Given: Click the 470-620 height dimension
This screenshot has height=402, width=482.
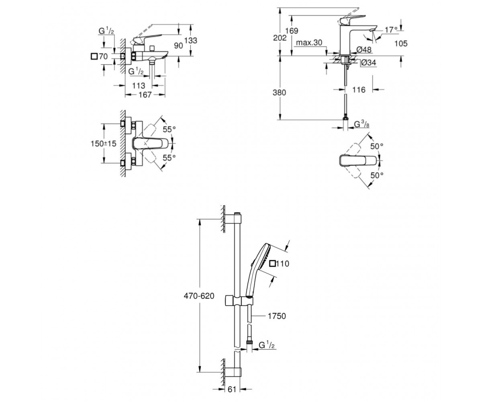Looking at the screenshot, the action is pos(199,296).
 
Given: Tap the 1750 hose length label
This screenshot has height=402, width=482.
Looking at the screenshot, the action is pos(277,316).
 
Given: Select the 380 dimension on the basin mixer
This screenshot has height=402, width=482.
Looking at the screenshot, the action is pos(279,92).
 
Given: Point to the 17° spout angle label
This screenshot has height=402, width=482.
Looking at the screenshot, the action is pos(391,30).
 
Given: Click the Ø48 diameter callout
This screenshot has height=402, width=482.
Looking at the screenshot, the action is pos(364,49).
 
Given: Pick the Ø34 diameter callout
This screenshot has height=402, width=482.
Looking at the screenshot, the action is pos(368,63).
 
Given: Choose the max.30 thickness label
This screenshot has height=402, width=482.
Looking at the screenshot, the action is pos(309,43).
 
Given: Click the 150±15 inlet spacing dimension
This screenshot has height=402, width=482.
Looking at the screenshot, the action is pos(103,144).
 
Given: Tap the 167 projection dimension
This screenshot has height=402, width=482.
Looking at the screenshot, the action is pos(145,95).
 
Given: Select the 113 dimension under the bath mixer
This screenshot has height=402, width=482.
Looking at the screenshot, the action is pos(139,86).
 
